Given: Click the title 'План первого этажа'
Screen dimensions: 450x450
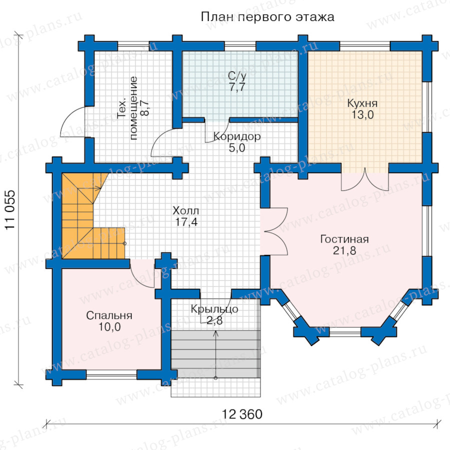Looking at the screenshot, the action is coord(267,17).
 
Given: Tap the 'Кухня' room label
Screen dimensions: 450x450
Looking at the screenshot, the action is coord(362,103).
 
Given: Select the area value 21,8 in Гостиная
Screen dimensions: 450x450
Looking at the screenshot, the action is coord(344,250).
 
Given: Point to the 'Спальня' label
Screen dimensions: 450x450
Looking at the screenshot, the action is coord(109,315).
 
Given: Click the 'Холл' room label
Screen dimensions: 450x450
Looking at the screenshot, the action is coord(185,211).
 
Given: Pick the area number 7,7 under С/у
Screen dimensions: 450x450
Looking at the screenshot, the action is coord(237,87).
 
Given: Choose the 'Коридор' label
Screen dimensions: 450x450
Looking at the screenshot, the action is coord(237,136).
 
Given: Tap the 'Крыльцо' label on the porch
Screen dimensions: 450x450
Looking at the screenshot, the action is coord(214,309).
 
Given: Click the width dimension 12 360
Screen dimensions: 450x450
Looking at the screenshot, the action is coord(242,414).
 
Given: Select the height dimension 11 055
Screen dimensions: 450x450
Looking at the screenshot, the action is coord(10,210).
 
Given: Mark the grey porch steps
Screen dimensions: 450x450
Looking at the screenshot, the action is coord(215,353).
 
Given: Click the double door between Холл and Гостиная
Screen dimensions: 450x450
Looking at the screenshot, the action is coord(274,231).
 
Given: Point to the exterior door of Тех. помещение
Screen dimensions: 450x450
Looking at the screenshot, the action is coord(73,122).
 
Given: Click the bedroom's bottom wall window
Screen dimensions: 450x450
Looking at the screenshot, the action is coord(111,374).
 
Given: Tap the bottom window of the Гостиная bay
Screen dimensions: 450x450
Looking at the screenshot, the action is coord(345,332).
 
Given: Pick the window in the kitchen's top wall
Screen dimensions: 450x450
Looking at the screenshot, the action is coord(365,46).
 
